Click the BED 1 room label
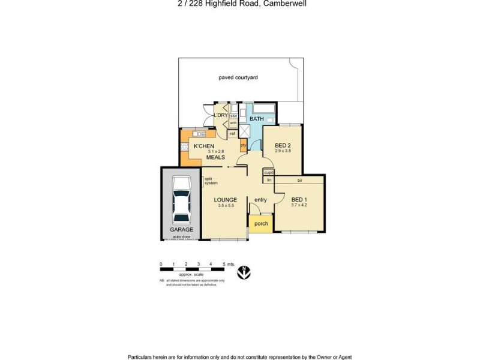[x=298, y=199]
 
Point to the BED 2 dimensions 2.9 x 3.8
[x=283, y=151]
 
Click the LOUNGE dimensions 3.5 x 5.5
[x=227, y=206]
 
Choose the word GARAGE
[x=181, y=230]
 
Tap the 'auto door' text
[x=181, y=237]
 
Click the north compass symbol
[x=244, y=271]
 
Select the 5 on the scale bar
[x=223, y=264]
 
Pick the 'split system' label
[x=211, y=181]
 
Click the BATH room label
[x=257, y=119]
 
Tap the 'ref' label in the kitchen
[x=232, y=133]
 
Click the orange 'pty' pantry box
[x=243, y=145]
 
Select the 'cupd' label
[x=269, y=173]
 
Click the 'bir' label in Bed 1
[x=299, y=179]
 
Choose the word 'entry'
[x=260, y=200]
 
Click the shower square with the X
[x=244, y=131]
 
